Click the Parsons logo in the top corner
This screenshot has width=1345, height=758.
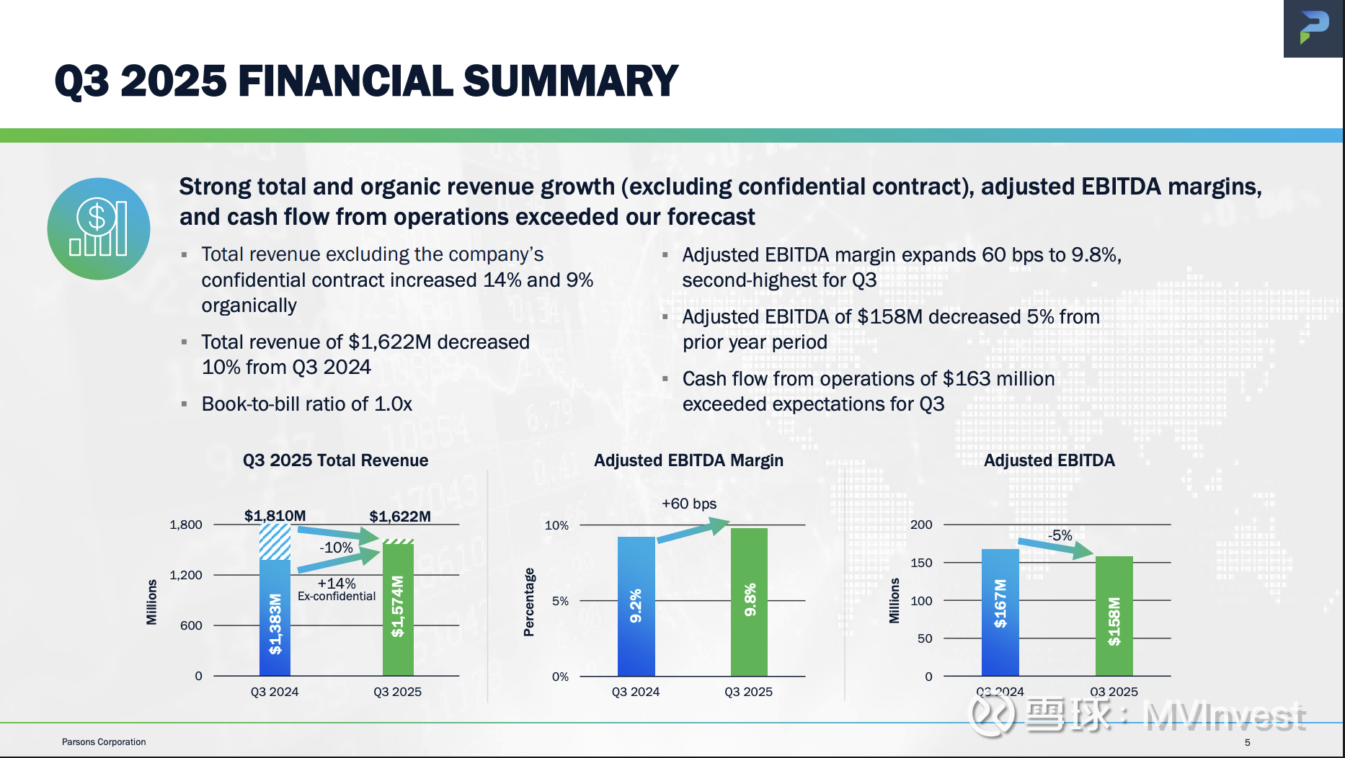1313,28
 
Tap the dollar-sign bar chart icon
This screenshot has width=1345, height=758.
99,228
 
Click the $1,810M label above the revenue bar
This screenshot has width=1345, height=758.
275,516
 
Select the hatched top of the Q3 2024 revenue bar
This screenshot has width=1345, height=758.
275,542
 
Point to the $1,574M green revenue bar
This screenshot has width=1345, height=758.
398,610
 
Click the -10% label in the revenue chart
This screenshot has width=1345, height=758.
336,548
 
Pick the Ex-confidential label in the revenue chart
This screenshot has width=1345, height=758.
337,596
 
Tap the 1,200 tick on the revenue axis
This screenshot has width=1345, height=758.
186,575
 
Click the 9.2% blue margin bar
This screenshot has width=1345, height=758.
636,606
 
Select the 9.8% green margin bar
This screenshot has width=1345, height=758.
749,602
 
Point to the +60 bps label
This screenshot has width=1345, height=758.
689,504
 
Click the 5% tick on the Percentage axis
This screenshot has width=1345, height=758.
560,601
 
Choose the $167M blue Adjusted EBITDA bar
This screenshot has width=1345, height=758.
1000,612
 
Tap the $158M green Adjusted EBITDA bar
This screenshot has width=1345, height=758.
1114,616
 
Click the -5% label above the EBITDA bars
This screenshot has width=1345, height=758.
1060,535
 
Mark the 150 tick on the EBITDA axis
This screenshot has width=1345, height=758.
921,563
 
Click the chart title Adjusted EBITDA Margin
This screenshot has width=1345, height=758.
688,460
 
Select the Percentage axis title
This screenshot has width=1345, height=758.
529,602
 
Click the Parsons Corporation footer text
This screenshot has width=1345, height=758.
104,741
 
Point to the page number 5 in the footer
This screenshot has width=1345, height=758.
1248,742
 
